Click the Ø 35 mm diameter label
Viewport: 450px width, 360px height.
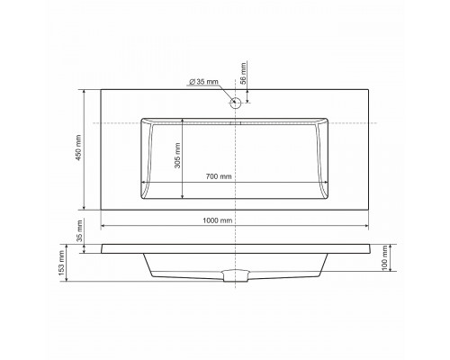point(204,82)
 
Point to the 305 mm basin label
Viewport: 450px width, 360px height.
point(176,158)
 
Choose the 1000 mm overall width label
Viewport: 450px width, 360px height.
point(218,220)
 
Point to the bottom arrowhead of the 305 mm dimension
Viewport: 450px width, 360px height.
point(184,196)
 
